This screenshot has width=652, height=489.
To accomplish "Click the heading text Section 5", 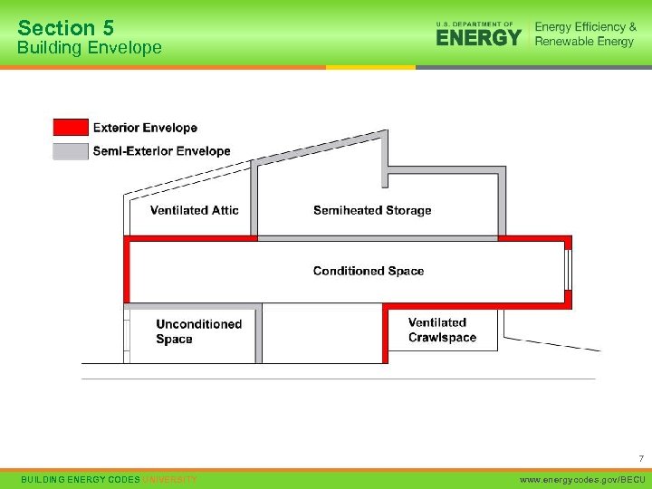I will tap(66, 27).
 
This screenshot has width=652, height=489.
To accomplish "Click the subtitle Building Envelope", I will tap(90, 47).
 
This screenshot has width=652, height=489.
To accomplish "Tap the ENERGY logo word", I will tap(479, 36).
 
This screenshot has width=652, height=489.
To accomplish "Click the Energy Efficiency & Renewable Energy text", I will tap(585, 34).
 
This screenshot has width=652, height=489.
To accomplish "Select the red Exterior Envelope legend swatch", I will tap(71, 127).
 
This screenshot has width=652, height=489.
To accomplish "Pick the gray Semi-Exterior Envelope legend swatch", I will tap(71, 151).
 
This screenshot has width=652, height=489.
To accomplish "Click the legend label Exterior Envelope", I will tap(145, 128).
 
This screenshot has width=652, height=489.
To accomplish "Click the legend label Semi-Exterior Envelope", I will tap(162, 151).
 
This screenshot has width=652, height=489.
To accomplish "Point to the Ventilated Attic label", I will tap(195, 210).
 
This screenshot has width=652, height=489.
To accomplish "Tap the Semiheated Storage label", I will tap(372, 210).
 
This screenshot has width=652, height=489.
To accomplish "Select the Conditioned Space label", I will tap(369, 271).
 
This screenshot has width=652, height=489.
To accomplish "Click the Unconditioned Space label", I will tap(198, 331).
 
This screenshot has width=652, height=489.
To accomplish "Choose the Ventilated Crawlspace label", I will tap(442, 331).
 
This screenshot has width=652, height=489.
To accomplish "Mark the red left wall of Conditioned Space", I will tap(128, 271).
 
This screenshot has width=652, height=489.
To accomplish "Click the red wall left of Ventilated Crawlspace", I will tap(385, 333).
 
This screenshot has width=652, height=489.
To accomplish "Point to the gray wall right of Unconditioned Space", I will tap(259, 333).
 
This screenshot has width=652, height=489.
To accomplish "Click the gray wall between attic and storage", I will tap(255, 201).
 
